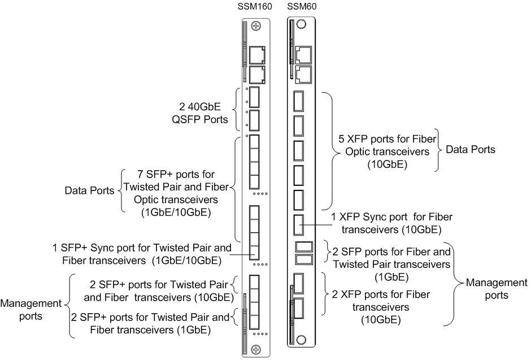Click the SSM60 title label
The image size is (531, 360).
pyautogui.click(x=299, y=6)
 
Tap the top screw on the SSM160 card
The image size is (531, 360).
pyautogui.click(x=256, y=26)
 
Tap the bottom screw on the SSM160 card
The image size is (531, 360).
pyautogui.click(x=256, y=349)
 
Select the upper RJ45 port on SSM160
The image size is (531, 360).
pyautogui.click(x=257, y=54)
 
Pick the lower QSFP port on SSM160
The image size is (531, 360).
pyautogui.click(x=254, y=119)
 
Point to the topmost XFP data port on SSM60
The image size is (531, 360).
pyautogui.click(x=299, y=102)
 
